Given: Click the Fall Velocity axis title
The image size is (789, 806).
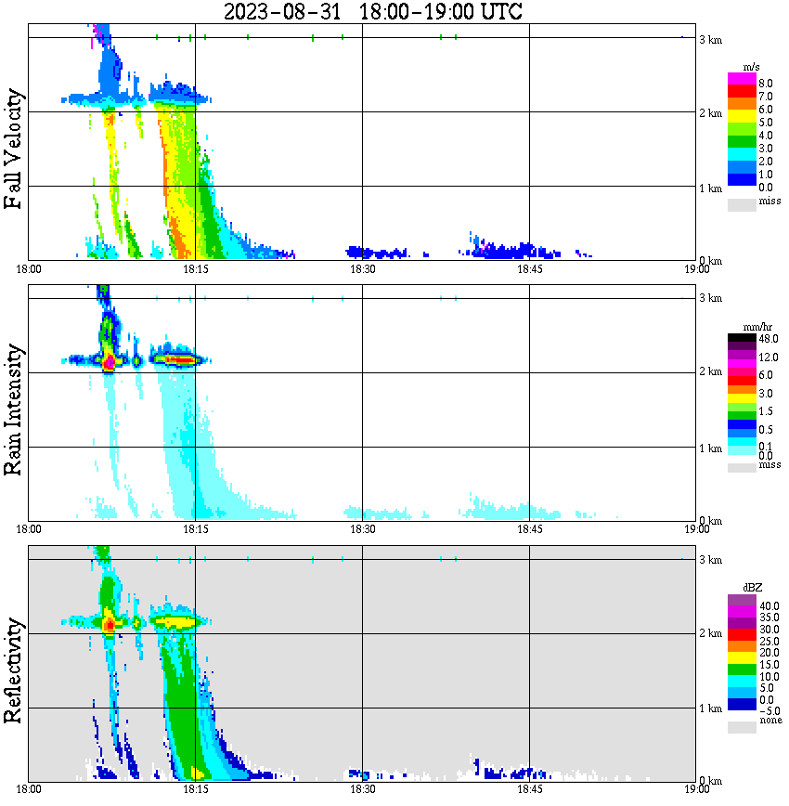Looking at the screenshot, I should (x=14, y=149).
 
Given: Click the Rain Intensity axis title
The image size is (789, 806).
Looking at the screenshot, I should (x=14, y=409).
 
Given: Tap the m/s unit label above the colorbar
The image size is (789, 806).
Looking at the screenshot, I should (x=752, y=68).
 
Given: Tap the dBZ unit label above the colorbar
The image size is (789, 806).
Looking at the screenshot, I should (x=753, y=588).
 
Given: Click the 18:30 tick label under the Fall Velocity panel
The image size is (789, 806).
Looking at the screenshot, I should (x=362, y=269).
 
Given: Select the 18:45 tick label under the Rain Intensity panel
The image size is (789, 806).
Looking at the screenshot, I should (x=529, y=529).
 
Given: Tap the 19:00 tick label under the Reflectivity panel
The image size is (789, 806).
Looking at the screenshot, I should (x=696, y=789).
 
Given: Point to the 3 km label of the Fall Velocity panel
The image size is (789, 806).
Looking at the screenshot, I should (x=710, y=39).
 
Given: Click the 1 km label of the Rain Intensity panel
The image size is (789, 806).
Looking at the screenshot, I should (x=710, y=448).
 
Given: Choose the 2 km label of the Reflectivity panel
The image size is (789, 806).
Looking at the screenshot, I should (x=710, y=633).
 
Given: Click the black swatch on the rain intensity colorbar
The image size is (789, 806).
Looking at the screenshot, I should (x=742, y=338).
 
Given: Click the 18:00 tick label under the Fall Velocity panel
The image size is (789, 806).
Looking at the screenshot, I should (x=29, y=269).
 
